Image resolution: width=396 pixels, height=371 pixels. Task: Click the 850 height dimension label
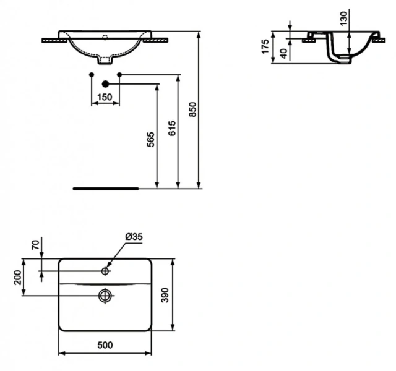coord(192,109)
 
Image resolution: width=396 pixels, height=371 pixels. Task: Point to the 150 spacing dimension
coord(105,96)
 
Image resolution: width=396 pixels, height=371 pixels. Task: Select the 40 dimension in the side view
coord(284,53)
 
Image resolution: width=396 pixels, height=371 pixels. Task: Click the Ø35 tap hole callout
coord(134,236)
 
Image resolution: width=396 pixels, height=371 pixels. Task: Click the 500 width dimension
coord(105,346)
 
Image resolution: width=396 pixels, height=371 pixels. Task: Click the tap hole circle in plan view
coord(106,271)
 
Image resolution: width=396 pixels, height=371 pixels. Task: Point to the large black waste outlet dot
coord(105,83)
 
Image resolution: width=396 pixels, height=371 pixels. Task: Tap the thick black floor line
coord(105,185)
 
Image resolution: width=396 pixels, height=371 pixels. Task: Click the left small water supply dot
coord(92,75)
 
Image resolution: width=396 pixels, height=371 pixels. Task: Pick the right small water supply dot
coord(119,75)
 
